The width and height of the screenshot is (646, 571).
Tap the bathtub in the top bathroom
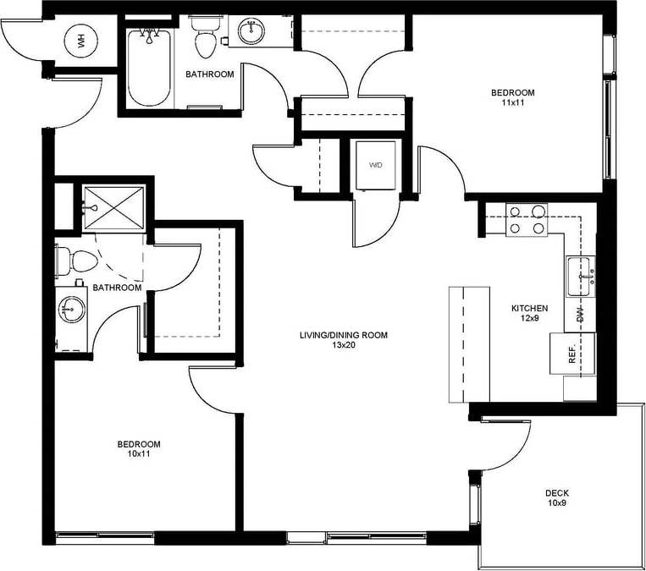[x=151, y=68]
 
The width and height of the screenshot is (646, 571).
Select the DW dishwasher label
[x=581, y=316]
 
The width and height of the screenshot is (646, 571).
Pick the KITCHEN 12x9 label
[x=530, y=314]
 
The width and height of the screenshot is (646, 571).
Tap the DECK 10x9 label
[x=556, y=498]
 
